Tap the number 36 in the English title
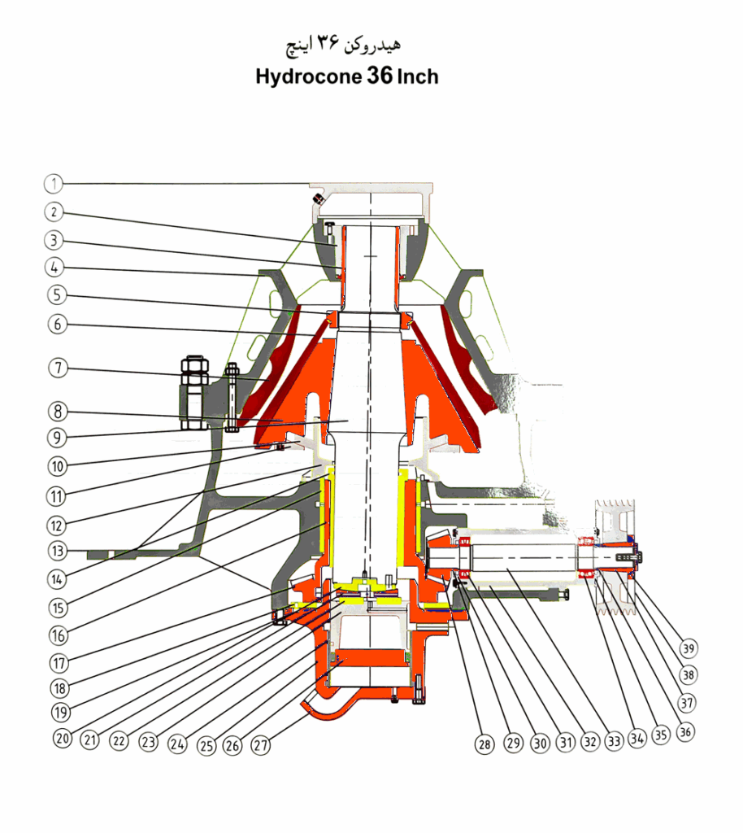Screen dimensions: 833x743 point(380,76)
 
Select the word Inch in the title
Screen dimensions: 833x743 point(418,76)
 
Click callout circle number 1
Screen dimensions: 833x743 point(53,183)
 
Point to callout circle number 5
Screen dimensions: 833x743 point(53,294)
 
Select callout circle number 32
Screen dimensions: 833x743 point(589,743)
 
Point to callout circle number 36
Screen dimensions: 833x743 point(686,731)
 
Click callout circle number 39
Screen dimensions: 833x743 point(689,648)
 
